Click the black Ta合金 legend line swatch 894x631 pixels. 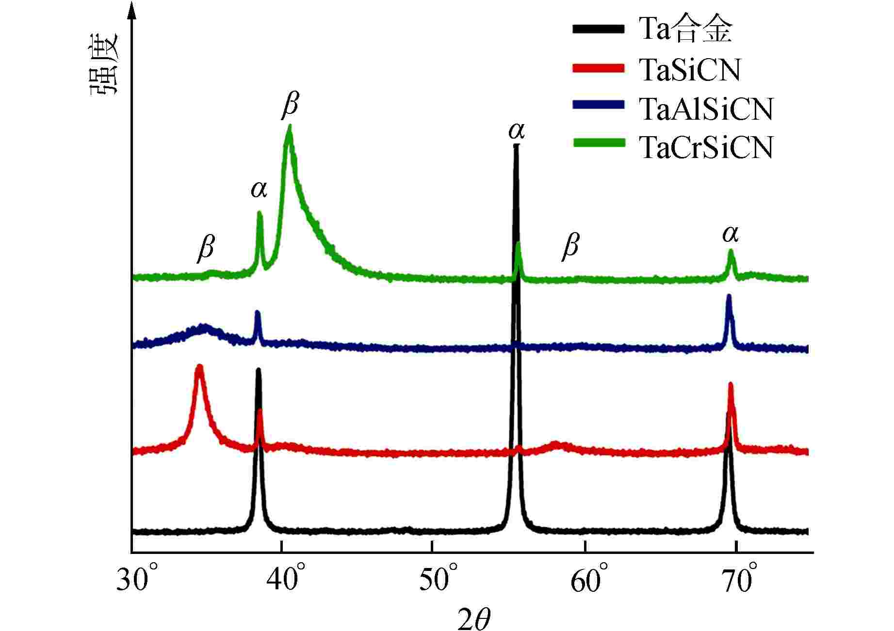(x=598, y=29)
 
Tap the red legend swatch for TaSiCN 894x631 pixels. (x=598, y=68)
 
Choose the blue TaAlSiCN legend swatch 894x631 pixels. (x=598, y=105)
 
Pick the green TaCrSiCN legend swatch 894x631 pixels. (x=598, y=142)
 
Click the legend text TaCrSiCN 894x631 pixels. (x=706, y=147)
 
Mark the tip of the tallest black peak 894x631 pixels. (x=516, y=145)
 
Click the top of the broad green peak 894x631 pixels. (x=290, y=127)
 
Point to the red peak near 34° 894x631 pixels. (x=199, y=366)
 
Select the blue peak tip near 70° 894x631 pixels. (x=729, y=296)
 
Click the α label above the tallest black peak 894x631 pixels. (x=517, y=131)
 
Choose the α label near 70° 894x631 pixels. (x=730, y=235)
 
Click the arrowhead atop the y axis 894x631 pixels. (x=131, y=11)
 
